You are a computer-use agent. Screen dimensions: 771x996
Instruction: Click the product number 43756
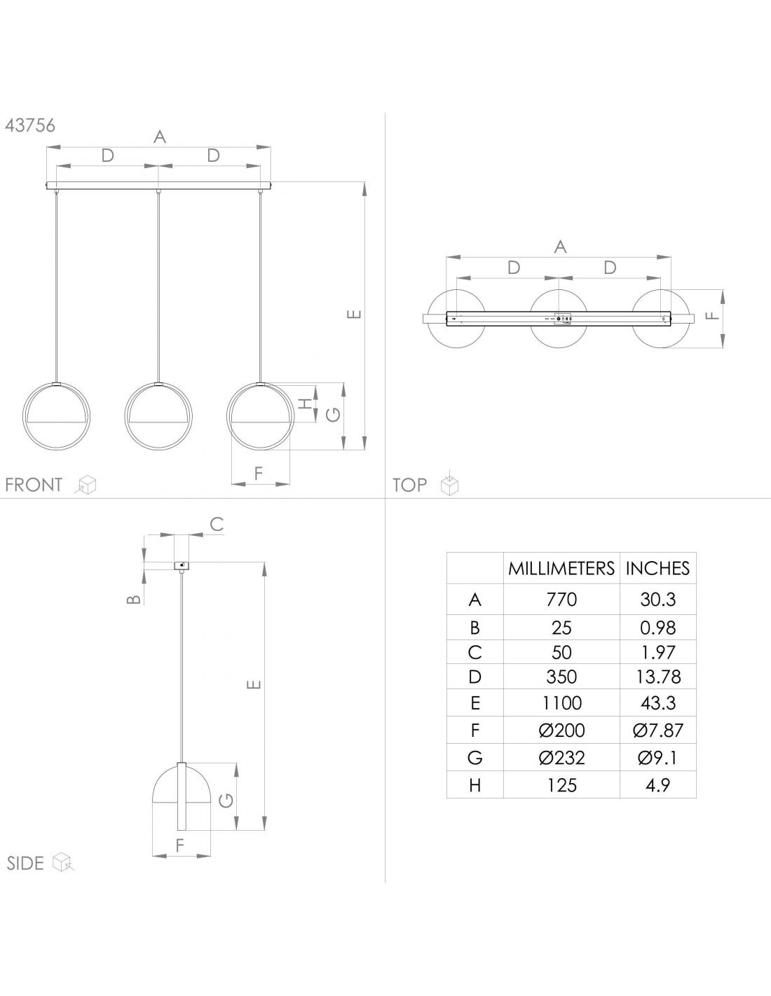coord(30,125)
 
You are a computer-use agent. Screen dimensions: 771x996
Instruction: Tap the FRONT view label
coord(34,485)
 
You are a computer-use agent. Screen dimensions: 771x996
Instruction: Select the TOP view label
coord(409,485)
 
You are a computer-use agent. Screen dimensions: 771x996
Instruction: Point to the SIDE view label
coord(25,863)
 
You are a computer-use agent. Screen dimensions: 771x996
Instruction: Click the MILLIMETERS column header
coord(561,568)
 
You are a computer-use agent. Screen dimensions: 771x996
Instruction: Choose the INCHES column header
coord(657,568)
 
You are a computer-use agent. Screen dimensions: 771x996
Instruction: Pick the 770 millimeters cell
coord(561,600)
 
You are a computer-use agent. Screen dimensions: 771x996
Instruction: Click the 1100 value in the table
coord(561,703)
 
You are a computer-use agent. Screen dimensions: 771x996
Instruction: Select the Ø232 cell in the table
coord(561,758)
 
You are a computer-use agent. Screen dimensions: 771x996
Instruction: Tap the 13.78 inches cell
coord(657,677)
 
